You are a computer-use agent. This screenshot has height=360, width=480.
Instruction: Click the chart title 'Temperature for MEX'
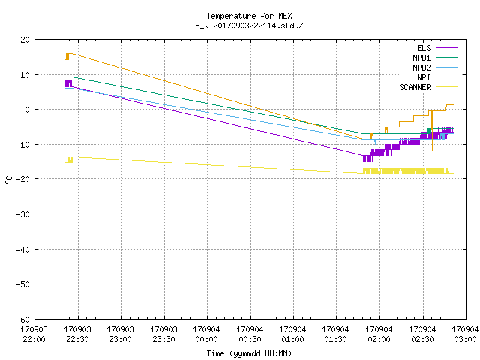click(x=249, y=16)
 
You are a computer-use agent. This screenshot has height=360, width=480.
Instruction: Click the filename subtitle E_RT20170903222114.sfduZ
click(x=249, y=25)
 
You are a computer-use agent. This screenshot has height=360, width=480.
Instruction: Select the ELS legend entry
click(x=437, y=48)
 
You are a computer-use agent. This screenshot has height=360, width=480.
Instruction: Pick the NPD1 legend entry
click(x=435, y=58)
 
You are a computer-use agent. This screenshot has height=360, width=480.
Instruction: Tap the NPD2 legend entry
click(x=435, y=67)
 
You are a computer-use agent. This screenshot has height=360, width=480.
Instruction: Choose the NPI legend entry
click(x=437, y=77)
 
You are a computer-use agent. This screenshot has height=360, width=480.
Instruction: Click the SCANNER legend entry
click(x=428, y=87)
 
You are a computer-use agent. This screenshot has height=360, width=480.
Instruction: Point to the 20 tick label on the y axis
click(x=25, y=40)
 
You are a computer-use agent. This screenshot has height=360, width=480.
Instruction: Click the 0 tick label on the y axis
click(x=28, y=109)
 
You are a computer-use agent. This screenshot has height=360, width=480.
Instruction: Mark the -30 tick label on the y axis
click(x=23, y=214)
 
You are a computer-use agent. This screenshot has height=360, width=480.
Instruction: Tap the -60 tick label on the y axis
click(x=23, y=319)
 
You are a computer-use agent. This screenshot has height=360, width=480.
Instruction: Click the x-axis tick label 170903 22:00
click(x=34, y=334)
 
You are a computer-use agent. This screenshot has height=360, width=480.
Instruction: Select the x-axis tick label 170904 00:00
click(x=207, y=334)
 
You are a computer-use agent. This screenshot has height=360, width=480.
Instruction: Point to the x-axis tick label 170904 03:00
click(x=465, y=334)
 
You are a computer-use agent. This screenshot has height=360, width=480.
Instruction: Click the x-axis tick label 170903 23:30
click(x=163, y=334)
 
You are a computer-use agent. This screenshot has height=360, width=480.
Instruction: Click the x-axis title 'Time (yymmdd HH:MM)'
click(x=249, y=353)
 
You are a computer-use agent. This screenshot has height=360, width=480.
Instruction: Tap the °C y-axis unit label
click(x=8, y=180)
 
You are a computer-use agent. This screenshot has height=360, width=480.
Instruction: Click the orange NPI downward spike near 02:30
click(x=432, y=130)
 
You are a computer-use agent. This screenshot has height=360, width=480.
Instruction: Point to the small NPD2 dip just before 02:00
click(x=375, y=142)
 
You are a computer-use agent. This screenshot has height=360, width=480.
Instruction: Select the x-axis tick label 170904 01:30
click(x=336, y=334)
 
